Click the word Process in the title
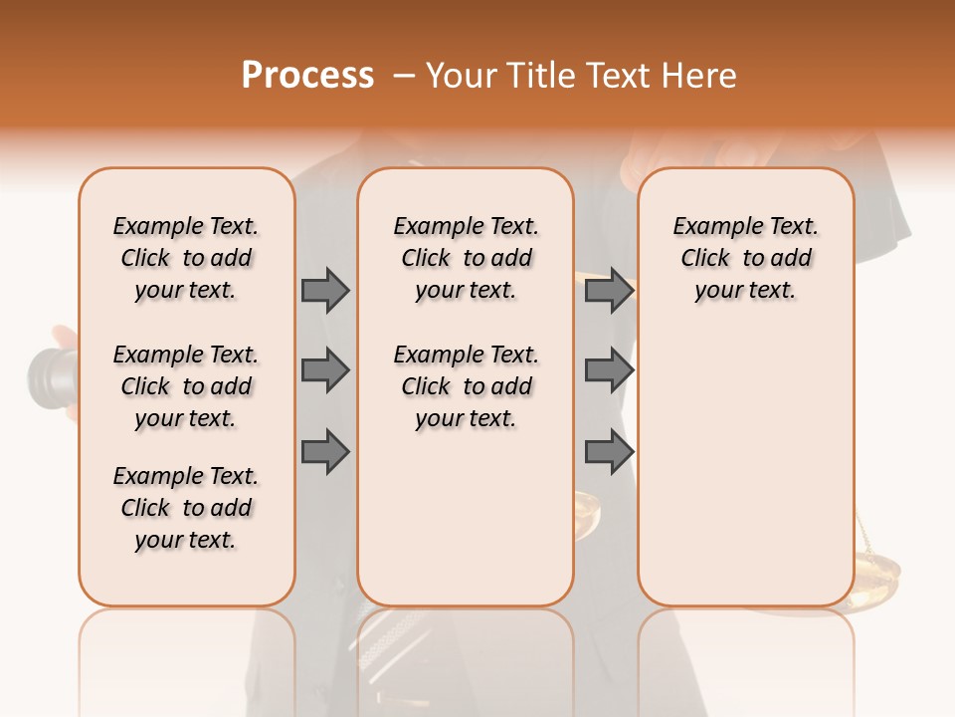click(x=307, y=76)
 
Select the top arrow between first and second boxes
click(x=324, y=290)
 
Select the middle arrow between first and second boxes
click(x=324, y=370)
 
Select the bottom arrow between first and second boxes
click(x=324, y=451)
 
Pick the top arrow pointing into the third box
click(x=609, y=290)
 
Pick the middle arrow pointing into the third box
click(x=609, y=370)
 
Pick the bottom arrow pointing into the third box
click(x=609, y=451)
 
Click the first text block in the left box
click(x=186, y=258)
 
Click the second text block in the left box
click(x=186, y=386)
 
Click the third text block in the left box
click(x=186, y=508)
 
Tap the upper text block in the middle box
click(x=466, y=258)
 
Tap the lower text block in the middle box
click(x=466, y=386)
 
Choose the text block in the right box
click(x=745, y=258)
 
